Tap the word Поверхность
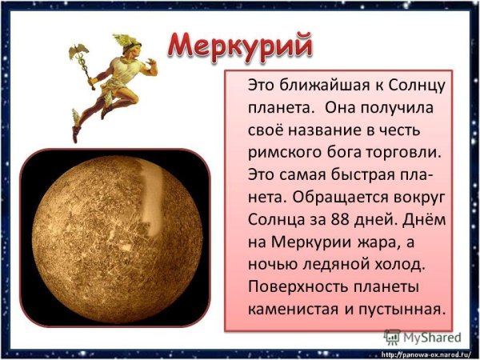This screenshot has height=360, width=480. tap(298, 286)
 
